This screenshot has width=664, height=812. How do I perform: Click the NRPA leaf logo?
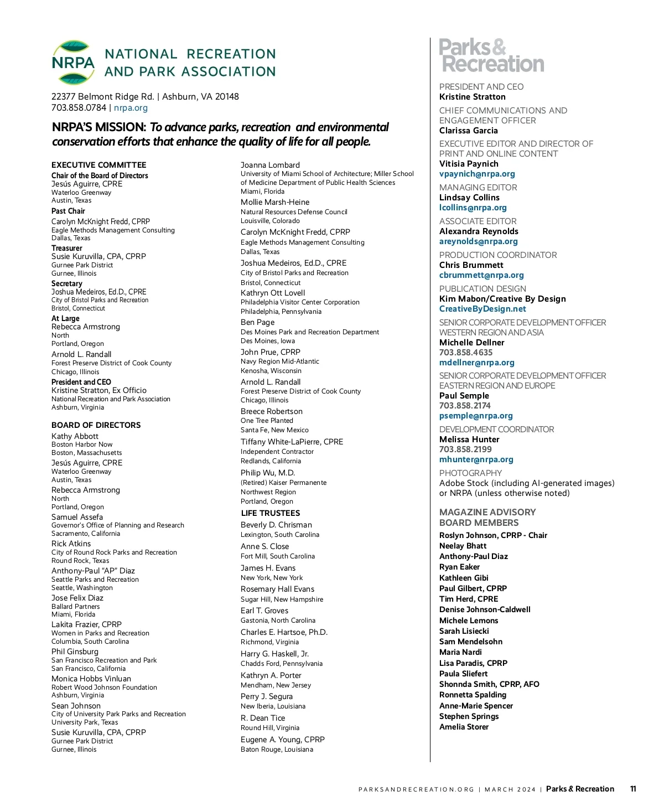pos(73,63)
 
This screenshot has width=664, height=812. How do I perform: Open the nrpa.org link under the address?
pos(131,108)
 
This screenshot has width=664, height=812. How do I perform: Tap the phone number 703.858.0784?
pos(79,108)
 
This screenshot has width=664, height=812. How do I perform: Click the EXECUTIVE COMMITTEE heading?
pos(99,165)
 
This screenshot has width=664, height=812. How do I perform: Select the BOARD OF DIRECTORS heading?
pos(96,425)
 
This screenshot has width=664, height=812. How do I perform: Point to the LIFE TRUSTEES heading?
pos(271,513)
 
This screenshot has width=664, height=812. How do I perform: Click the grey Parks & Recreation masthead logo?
pos(491,56)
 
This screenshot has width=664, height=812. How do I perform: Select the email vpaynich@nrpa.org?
pos(477,174)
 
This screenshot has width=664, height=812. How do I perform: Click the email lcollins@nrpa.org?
pos(473,208)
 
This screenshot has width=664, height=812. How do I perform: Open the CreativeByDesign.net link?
pos(483,309)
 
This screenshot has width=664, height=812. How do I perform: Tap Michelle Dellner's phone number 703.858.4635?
pos(466,353)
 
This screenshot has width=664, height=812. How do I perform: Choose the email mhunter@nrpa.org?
pos(476,459)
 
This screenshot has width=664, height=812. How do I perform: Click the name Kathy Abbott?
pos(75,436)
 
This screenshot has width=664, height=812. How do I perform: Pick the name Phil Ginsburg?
pos(75,651)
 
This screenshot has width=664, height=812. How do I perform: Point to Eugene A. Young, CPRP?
pos(283,739)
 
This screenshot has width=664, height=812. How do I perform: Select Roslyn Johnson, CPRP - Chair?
pos(493,535)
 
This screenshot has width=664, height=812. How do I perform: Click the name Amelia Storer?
pos(464,727)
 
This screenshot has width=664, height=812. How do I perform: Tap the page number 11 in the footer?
pos(633,789)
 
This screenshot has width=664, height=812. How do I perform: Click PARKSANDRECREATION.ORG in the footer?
pos(416,789)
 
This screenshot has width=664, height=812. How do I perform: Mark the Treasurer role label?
pos(67,248)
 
